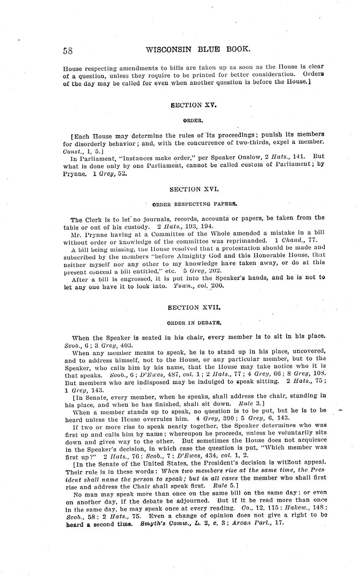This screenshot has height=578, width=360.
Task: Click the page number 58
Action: tap(68, 51)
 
